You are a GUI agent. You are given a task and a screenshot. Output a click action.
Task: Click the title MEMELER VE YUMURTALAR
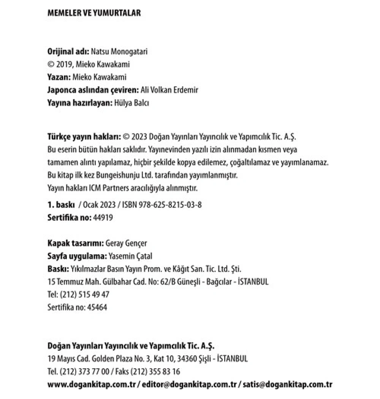click(x=94, y=13)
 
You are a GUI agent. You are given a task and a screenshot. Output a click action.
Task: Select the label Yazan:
click(x=59, y=77)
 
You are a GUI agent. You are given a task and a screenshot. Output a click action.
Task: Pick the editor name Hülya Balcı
click(x=131, y=103)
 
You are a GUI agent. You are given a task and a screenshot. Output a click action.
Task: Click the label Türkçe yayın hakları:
click(x=84, y=137)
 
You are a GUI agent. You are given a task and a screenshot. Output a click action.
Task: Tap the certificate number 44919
click(x=103, y=218)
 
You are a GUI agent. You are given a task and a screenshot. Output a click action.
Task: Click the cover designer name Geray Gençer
click(x=126, y=243)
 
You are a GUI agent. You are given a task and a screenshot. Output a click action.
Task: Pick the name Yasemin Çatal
click(x=130, y=256)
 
